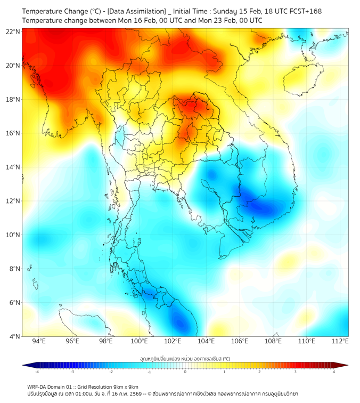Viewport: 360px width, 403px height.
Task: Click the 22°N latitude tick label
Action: pyautogui.click(x=13, y=31)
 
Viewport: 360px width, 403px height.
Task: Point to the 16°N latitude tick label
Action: pyautogui.click(x=13, y=133)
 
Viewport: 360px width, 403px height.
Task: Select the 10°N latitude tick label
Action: pyautogui.click(x=13, y=235)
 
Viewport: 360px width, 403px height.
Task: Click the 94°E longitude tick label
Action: pyautogui.click(x=39, y=341)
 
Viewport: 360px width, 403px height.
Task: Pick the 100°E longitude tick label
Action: pyautogui.click(x=139, y=341)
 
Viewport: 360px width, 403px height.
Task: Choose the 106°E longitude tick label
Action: pyautogui.click(x=240, y=341)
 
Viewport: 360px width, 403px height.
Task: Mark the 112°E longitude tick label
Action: pyautogui.click(x=340, y=341)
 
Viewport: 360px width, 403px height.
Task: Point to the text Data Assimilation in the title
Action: pyautogui.click(x=137, y=11)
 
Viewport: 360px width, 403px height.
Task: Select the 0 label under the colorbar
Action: pyautogui.click(x=185, y=372)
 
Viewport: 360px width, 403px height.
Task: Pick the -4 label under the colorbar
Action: pyautogui.click(x=36, y=372)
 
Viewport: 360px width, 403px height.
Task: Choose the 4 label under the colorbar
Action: pyautogui.click(x=334, y=372)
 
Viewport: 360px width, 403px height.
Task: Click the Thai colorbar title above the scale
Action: pyautogui.click(x=185, y=358)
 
